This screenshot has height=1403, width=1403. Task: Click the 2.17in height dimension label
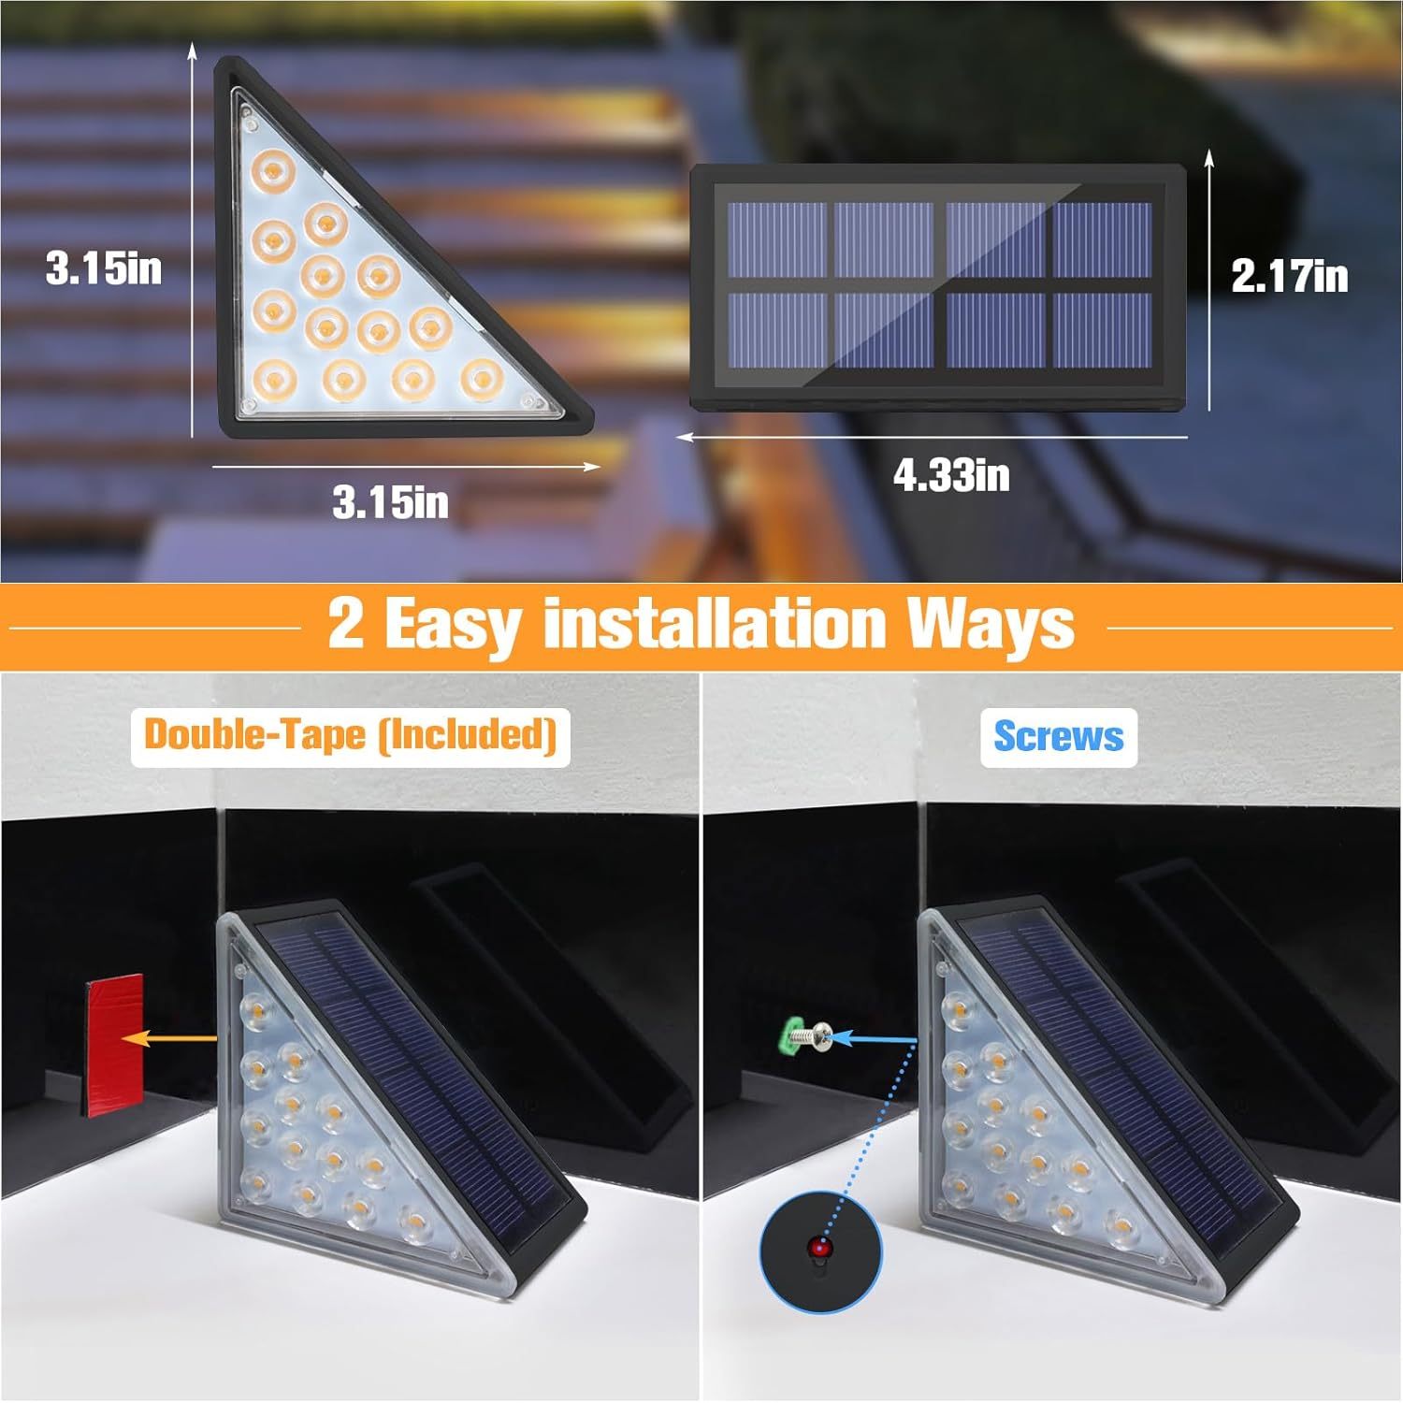(1289, 276)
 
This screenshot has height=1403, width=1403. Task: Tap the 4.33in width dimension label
(951, 475)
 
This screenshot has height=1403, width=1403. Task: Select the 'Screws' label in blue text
(1058, 736)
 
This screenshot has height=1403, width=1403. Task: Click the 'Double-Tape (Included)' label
(350, 734)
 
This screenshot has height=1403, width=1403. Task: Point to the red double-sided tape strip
(113, 1046)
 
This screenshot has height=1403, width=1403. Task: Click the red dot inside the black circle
(820, 1247)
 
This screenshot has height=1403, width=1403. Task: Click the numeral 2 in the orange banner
(345, 624)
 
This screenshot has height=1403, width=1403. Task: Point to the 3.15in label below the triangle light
(390, 502)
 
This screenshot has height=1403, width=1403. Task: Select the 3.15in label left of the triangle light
(104, 268)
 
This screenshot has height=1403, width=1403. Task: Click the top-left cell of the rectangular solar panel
(776, 239)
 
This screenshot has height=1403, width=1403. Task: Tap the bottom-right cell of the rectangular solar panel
(1102, 329)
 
